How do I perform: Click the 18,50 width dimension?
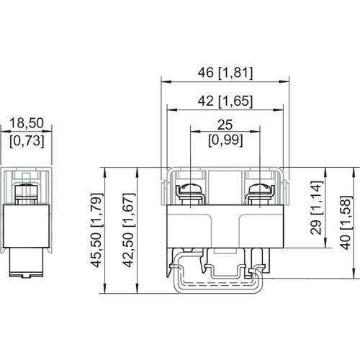pos(27,123)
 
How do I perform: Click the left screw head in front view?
pos(190,189)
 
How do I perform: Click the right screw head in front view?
pos(260,189)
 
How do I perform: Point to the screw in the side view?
pos(27,194)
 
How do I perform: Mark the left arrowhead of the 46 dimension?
pos(166,82)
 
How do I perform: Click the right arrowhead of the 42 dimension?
pos(279,109)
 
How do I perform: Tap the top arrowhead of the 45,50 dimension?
pos(105,172)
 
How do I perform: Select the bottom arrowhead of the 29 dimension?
pos(325,243)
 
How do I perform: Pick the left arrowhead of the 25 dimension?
pos(195,131)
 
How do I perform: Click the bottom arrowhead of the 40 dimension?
pos(354,273)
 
